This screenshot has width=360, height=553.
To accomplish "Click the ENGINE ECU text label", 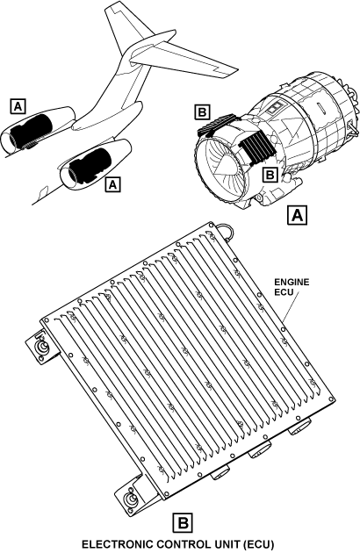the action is click(292, 287).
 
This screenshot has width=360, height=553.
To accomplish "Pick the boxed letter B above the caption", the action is click(183, 522).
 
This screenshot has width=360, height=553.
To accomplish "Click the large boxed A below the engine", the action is click(297, 215).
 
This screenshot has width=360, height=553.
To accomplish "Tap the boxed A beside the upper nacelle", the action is click(18, 106).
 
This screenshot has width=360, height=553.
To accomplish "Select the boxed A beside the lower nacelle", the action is click(112, 184).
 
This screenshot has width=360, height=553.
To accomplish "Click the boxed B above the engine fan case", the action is click(202, 112).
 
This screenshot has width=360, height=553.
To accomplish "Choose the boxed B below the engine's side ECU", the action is click(270, 175).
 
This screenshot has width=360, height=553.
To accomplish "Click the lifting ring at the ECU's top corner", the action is click(226, 231).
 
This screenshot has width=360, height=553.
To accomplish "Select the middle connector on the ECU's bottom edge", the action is click(261, 449).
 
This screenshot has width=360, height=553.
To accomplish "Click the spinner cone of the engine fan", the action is click(224, 164).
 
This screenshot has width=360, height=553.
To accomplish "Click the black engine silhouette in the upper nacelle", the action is click(32, 132).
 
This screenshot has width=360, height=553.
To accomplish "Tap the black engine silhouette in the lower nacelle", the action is click(90, 165).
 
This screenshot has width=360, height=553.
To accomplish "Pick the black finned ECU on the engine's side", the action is click(256, 147).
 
